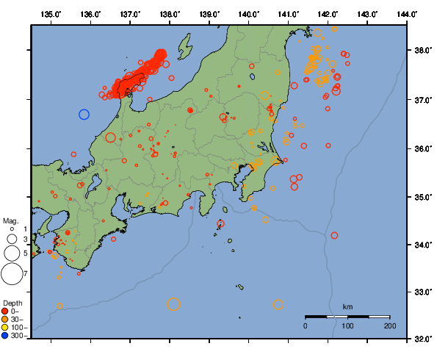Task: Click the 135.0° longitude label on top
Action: [51, 15]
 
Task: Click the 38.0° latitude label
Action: [422, 51]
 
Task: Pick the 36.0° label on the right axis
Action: [422, 148]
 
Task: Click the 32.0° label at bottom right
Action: [422, 339]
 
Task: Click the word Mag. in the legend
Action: [10, 220]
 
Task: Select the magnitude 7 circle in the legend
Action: [12, 274]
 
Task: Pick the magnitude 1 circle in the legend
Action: [12, 229]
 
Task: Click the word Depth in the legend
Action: [12, 303]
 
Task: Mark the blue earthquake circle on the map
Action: [84, 115]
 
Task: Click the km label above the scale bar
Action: [347, 306]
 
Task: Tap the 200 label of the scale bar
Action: [389, 325]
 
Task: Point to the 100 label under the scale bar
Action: [347, 325]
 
